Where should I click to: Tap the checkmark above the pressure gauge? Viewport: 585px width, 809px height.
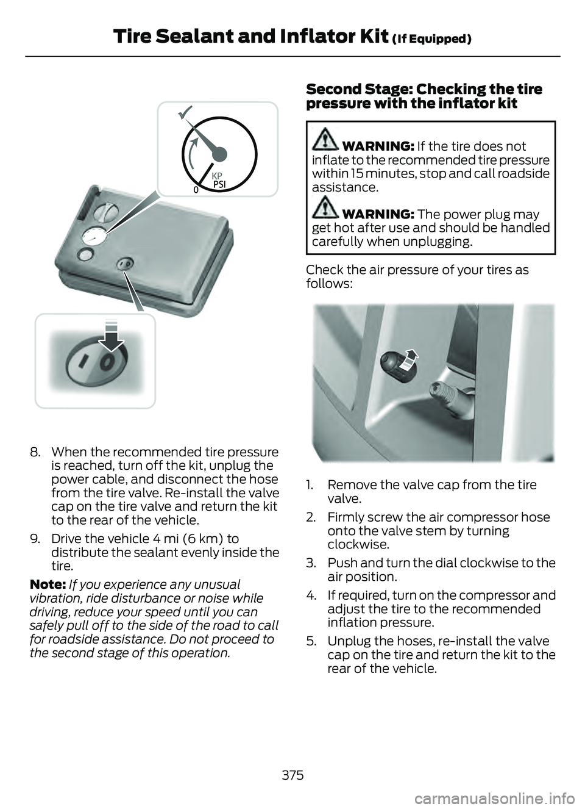pyautogui.click(x=186, y=113)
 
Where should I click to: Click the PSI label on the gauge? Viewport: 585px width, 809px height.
pyautogui.click(x=219, y=184)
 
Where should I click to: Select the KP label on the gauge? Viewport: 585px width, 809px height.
pyautogui.click(x=217, y=176)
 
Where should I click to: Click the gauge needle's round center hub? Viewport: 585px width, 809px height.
pyautogui.click(x=219, y=154)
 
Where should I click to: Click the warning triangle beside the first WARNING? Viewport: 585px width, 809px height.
pyautogui.click(x=325, y=140)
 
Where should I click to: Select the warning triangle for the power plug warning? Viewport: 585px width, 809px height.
pyautogui.click(x=325, y=208)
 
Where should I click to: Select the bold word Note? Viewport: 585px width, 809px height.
pyautogui.click(x=48, y=584)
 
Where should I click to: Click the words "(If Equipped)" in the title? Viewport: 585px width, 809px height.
pyautogui.click(x=431, y=38)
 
